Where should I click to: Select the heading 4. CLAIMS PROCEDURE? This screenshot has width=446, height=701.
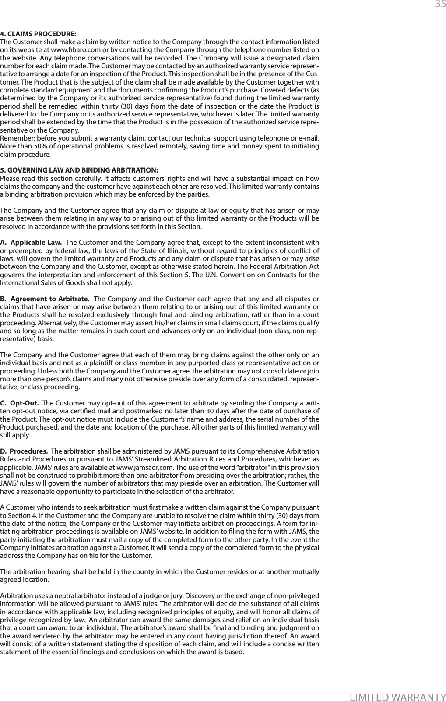(38, 34)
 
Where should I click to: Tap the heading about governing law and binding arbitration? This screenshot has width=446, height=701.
(79, 170)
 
